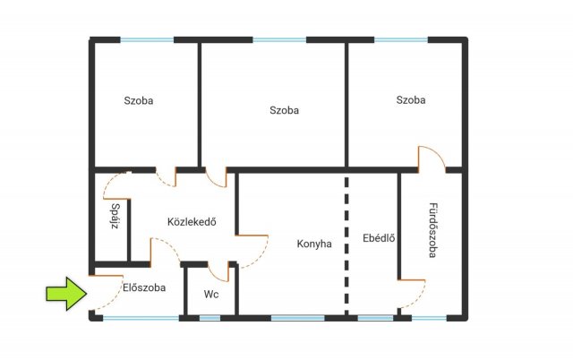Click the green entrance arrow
[66, 294]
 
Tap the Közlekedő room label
[192, 222]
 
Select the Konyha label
[314, 244]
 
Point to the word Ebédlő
[379, 238]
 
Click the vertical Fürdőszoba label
[433, 230]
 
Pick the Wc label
[211, 295]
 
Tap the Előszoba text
[144, 287]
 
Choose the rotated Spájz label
[115, 216]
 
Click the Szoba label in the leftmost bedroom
[139, 100]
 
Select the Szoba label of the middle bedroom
[285, 110]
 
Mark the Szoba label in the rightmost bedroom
[411, 99]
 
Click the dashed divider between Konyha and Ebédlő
[346, 244]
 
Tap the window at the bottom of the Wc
[210, 318]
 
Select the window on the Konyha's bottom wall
[298, 318]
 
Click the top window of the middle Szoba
[279, 39]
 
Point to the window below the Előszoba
[141, 318]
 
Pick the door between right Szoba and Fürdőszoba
[432, 158]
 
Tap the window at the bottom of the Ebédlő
[375, 318]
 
